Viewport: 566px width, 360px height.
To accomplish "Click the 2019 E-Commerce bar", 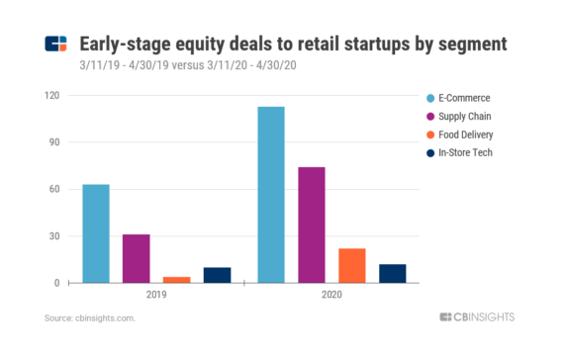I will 95,233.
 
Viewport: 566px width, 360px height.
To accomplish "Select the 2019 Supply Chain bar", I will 136,258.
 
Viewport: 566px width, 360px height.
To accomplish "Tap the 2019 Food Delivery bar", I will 176,279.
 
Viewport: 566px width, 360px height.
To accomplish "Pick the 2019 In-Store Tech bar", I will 217,275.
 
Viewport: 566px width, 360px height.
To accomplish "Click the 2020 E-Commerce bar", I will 270,195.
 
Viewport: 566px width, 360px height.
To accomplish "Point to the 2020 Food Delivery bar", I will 351,265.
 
